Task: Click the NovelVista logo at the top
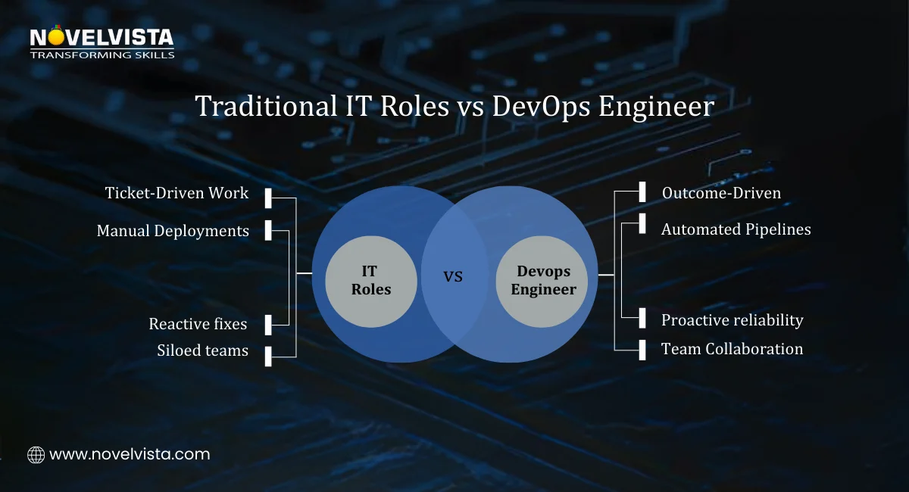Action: point(102,43)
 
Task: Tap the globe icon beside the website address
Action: point(36,455)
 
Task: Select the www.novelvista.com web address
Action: point(130,455)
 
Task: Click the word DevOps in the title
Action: point(542,106)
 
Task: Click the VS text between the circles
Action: point(453,277)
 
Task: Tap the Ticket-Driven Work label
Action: point(177,193)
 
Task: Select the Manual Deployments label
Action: point(173,231)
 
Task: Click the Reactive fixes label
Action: point(198,324)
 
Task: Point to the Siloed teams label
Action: point(202,350)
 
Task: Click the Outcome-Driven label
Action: point(721,193)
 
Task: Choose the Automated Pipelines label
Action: point(736,229)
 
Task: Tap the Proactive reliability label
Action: point(732,320)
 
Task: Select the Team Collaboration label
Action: point(732,349)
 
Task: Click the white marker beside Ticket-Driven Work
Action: point(268,198)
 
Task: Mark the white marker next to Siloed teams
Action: point(268,355)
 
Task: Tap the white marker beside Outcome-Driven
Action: point(642,192)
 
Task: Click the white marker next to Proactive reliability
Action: point(642,318)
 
